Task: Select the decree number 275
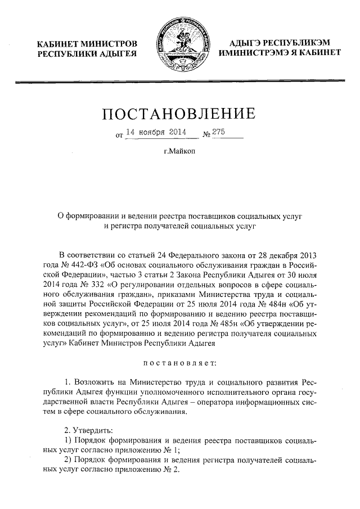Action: [x=218, y=132]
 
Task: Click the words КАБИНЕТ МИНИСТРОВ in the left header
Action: [x=87, y=44]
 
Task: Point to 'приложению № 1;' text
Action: [x=152, y=450]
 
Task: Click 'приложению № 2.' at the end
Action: [x=152, y=471]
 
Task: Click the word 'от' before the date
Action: [x=119, y=136]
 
